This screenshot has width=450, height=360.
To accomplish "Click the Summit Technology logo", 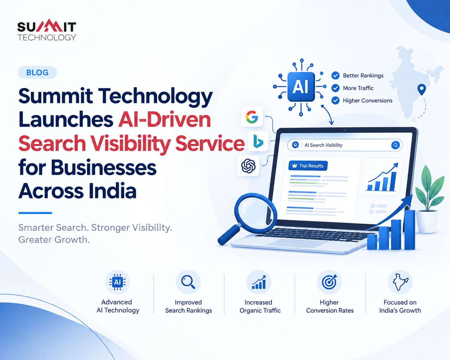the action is coord(47,30).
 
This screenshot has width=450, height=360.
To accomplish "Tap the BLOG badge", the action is coord(38,72).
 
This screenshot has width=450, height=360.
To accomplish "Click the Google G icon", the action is coord(252,117).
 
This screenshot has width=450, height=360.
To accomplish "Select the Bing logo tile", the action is coord(258,141).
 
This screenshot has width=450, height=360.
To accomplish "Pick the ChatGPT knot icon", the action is coord(248,166).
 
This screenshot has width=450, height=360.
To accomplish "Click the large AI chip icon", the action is coord(301,87).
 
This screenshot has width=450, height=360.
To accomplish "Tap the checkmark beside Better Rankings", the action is coord(335,75).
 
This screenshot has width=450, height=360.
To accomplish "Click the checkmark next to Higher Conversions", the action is coord(335,100).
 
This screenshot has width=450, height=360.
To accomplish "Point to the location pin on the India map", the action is coord(421,90).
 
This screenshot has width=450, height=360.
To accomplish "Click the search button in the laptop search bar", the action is coord(395,145).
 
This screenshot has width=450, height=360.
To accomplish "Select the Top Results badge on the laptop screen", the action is coord(308,166).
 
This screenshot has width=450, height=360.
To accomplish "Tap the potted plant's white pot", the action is coord(427,222).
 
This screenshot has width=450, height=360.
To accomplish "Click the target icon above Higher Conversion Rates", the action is coord(329,282).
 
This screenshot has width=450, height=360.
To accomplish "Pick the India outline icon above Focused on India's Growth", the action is coord(400,282).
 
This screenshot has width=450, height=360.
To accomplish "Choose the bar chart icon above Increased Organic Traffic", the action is coord(259,282).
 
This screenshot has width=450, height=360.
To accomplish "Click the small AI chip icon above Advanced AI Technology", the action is coord(117,282).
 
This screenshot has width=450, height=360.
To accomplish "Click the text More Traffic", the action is coord(358,88).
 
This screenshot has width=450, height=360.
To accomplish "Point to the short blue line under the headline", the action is coord(35,213).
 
